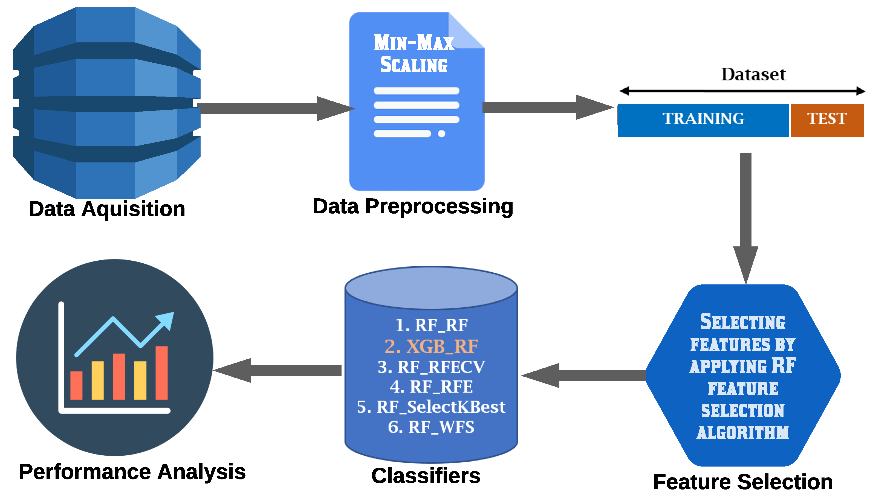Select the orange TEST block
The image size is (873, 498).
click(x=826, y=120)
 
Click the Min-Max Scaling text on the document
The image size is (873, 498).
click(x=414, y=53)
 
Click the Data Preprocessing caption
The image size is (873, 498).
click(x=413, y=206)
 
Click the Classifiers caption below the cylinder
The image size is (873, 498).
click(x=426, y=476)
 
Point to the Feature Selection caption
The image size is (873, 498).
click(x=743, y=482)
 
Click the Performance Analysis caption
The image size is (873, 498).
click(x=132, y=472)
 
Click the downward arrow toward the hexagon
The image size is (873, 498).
click(x=745, y=219)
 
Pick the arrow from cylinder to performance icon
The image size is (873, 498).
click(x=277, y=370)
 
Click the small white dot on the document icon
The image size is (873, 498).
click(x=441, y=134)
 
